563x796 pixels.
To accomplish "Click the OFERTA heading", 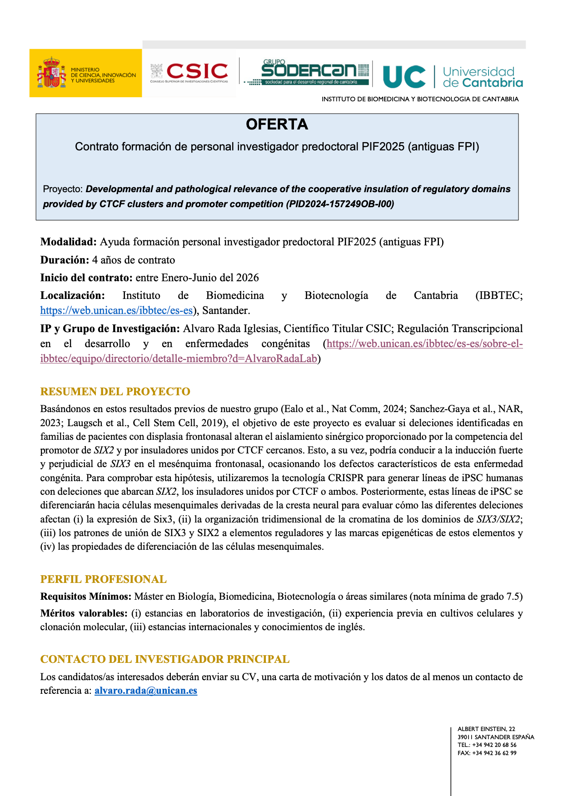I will pos(277,124).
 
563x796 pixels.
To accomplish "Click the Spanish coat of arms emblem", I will pos(52,73).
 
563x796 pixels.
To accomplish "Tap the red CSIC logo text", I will pos(197,71).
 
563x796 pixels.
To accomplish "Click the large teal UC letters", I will pos(404,77).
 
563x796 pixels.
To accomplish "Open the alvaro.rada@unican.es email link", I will pos(146,691).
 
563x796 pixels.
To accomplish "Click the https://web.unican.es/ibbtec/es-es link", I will pos(116,310).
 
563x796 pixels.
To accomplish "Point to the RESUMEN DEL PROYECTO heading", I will pos(115,392).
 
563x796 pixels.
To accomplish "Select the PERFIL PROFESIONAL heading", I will pos(103,579).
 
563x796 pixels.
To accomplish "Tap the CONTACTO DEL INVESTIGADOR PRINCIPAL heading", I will pos(164,659).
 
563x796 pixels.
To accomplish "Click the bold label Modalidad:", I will pos(68,242).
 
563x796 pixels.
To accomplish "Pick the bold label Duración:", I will pos(65,260).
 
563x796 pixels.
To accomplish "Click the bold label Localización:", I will pos(72,295).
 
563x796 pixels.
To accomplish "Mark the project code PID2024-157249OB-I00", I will pos(340,204).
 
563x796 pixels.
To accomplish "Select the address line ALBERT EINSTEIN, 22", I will pos(486,729).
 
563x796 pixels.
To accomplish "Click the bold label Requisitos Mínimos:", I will pos(86,597).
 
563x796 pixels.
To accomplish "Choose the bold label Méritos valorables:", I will pos(84,613).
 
